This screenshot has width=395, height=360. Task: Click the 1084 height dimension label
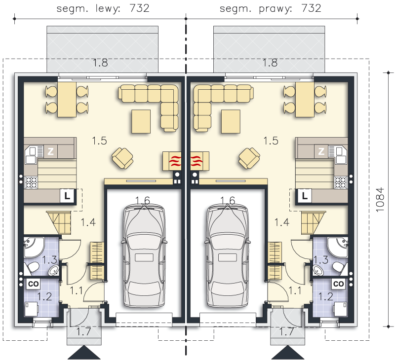click(x=380, y=200)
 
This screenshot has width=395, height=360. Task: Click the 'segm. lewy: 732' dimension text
click(x=103, y=8)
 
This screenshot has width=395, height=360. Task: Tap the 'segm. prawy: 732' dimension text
click(x=270, y=8)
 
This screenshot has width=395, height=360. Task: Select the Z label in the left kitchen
click(x=51, y=151)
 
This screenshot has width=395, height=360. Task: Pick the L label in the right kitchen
click(x=305, y=195)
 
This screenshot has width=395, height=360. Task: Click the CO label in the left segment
click(x=33, y=284)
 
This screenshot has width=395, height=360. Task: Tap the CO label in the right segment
click(x=338, y=284)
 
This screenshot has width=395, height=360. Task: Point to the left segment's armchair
click(x=122, y=158)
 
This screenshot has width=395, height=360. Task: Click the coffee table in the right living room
click(x=231, y=121)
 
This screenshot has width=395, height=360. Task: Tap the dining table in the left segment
click(x=67, y=100)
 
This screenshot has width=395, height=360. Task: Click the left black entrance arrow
click(x=84, y=352)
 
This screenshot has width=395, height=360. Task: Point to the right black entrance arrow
click(x=288, y=352)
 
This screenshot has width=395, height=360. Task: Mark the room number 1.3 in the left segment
click(x=49, y=259)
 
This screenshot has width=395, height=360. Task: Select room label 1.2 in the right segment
click(x=326, y=296)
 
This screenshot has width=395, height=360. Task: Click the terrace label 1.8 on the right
click(x=270, y=63)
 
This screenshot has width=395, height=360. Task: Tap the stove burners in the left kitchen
click(x=31, y=182)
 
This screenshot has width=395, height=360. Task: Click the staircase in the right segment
click(x=313, y=222)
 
